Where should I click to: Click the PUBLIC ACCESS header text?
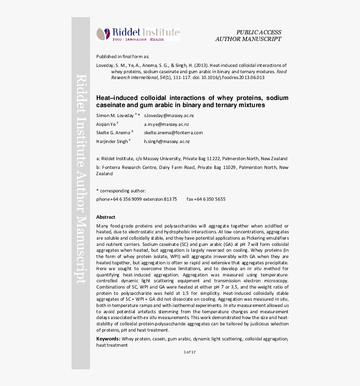coord(258,32)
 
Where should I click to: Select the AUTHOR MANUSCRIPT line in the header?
coord(248,39)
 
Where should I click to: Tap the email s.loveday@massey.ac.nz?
coord(169,115)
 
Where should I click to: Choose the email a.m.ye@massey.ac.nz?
coord(166,124)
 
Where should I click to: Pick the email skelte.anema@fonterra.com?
coord(173,133)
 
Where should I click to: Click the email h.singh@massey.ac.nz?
coord(167,142)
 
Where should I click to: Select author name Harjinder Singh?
coord(112,142)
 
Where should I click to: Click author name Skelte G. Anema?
coord(113,133)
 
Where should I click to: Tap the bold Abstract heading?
coord(105,217)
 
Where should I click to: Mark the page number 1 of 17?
coord(190,352)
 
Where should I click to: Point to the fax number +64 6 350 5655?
coord(206,199)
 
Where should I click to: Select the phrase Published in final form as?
coord(122,56)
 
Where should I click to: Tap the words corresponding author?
coord(123,190)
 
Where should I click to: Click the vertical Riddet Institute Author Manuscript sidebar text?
coord(81,180)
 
